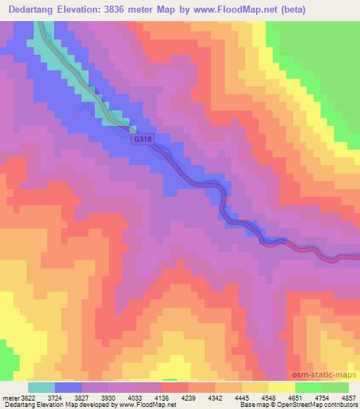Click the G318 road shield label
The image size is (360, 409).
143,140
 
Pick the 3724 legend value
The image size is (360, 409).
65,397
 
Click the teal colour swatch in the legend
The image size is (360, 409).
41,387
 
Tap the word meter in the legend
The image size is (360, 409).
9,397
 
